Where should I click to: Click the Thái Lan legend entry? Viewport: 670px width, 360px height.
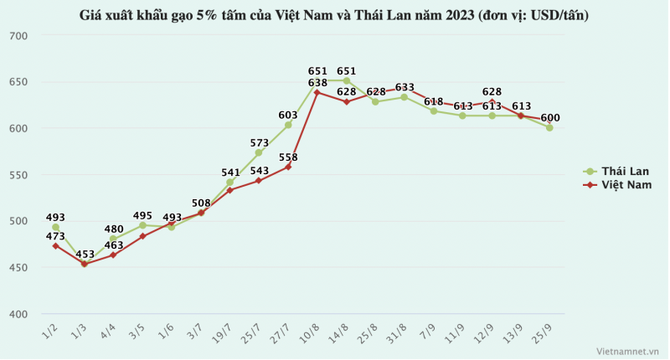point(616,171)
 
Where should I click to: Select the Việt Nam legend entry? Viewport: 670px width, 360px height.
point(616,185)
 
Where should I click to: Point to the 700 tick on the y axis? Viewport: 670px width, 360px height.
point(18,36)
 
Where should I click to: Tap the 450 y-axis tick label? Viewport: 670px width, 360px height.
point(18,268)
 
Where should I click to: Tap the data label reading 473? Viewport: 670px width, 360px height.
point(55,236)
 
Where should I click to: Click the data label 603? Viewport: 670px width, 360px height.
point(288,116)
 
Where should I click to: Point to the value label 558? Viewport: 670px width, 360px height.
point(288,157)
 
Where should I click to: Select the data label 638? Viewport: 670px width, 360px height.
point(317,83)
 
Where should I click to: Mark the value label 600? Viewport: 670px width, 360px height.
point(550,118)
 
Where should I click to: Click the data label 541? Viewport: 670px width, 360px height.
point(230,172)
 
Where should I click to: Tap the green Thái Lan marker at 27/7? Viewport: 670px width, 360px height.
point(288,125)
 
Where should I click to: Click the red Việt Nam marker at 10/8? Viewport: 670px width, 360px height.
point(317,92)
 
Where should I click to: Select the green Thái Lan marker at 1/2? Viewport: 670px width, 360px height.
point(55,227)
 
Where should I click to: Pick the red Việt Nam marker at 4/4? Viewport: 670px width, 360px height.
point(113,255)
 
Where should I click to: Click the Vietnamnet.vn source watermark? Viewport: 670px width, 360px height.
point(628,352)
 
